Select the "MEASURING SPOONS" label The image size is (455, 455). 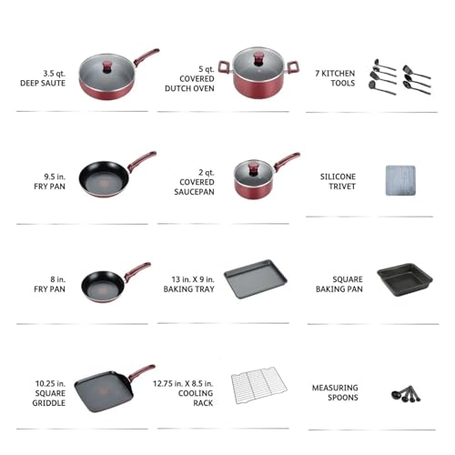click(335, 392)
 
